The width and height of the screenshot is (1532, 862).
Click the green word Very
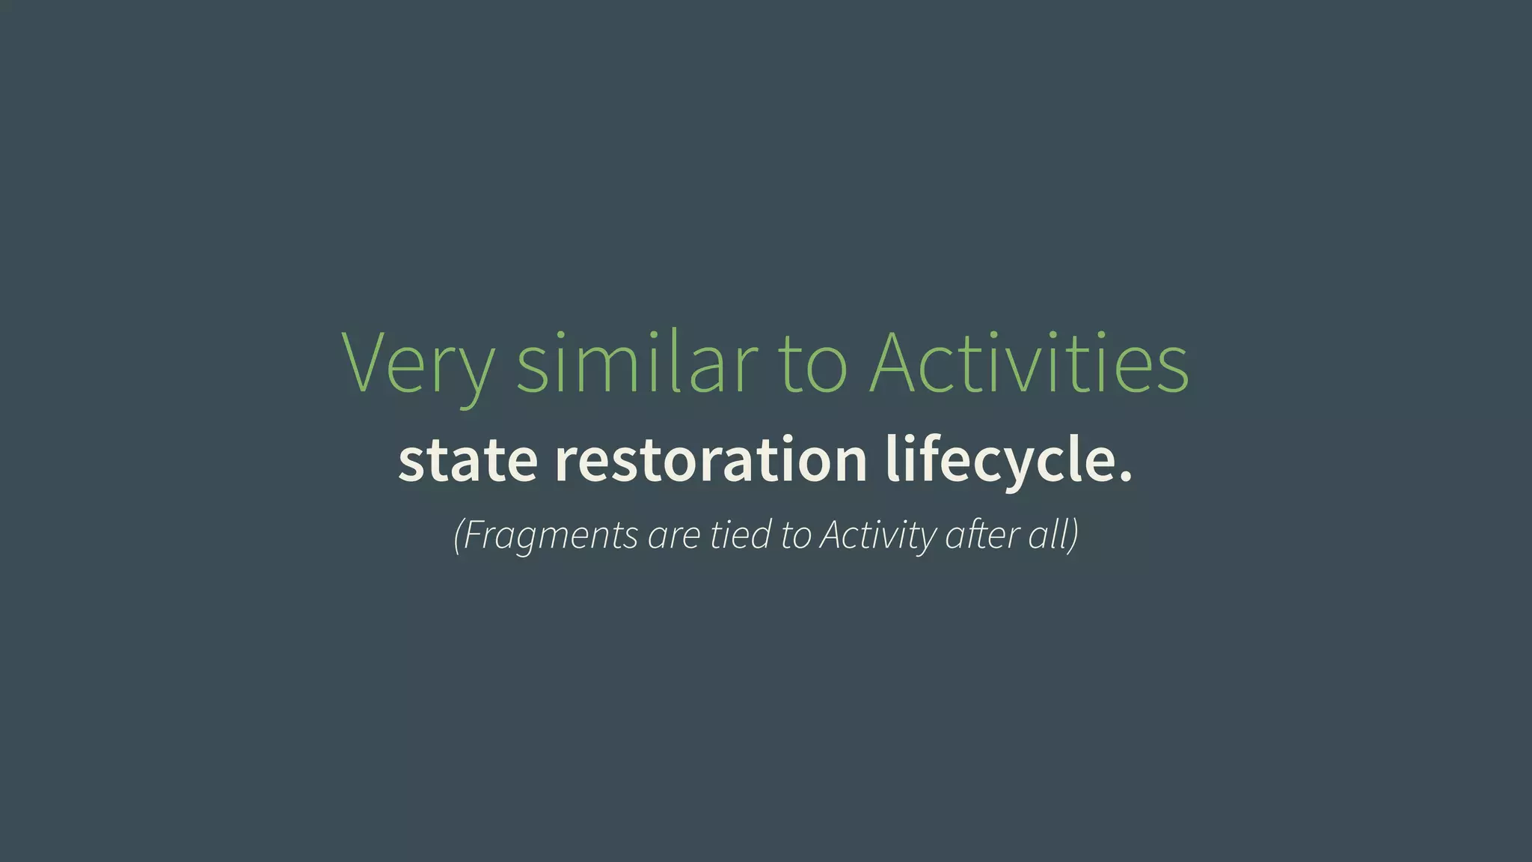point(417,364)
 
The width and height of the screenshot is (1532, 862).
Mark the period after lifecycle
point(1124,476)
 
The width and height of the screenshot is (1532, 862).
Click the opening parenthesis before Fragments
point(458,535)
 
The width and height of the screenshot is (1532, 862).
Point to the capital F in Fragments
point(474,534)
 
